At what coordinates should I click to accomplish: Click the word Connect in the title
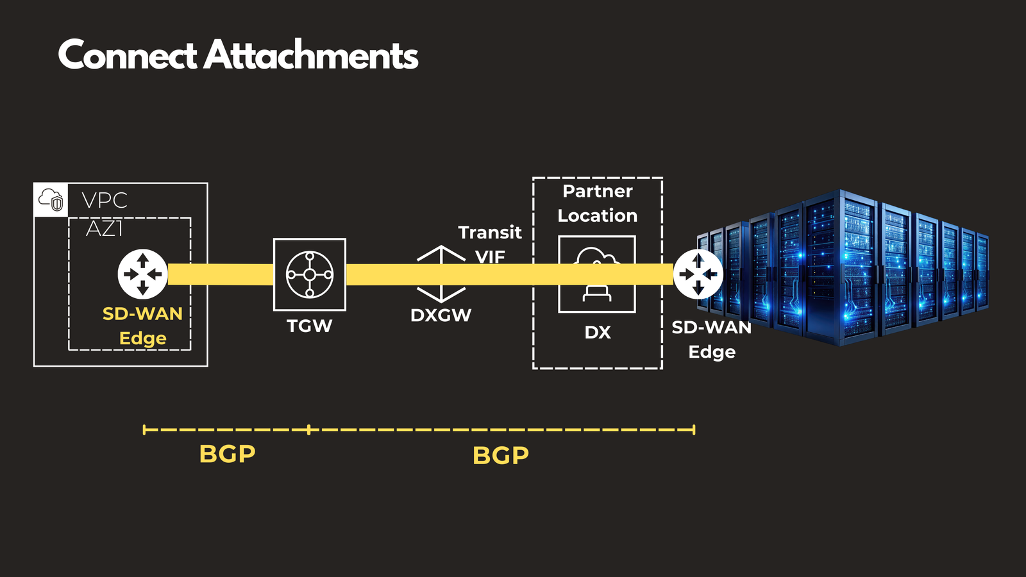point(127,55)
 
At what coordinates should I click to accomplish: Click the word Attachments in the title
point(311,55)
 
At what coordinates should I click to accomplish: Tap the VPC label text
point(105,201)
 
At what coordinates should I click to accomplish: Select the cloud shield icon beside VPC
point(51,199)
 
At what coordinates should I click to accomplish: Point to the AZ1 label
point(104,228)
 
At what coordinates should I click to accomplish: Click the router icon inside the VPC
point(142,274)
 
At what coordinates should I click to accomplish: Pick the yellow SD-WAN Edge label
point(142,326)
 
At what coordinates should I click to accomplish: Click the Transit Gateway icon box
point(310,274)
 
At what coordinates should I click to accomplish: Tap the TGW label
point(309,326)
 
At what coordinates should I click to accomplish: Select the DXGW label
point(441,315)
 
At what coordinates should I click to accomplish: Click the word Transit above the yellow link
point(490,232)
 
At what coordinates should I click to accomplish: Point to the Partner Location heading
point(598,203)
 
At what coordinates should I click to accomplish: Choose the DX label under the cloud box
point(598,333)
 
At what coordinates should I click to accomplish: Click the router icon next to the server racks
point(698,274)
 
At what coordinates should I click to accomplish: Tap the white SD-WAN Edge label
point(712,340)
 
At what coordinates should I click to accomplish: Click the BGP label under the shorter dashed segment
point(227,454)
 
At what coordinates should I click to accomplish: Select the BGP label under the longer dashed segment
point(501,456)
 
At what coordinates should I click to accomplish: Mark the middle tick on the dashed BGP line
point(309,430)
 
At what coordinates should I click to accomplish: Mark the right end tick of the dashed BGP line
point(694,430)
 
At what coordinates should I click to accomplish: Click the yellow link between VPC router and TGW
point(221,274)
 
